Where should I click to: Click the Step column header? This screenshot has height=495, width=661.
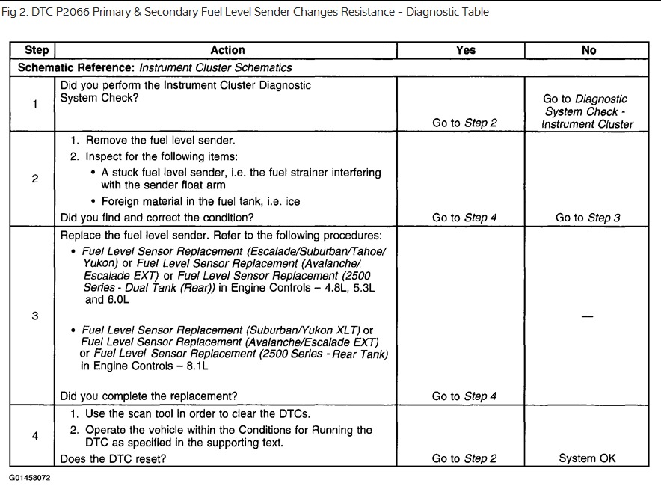(36, 50)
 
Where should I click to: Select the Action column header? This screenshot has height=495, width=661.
(227, 50)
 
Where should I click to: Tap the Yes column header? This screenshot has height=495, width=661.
(465, 50)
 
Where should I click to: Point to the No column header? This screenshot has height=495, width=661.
(588, 50)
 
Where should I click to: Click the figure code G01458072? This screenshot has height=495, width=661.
(31, 476)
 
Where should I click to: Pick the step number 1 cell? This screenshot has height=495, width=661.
(35, 104)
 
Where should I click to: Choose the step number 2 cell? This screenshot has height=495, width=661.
(35, 179)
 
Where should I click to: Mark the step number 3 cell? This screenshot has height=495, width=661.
(35, 316)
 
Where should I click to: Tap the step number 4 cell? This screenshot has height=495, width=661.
(35, 435)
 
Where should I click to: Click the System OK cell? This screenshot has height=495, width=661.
(588, 458)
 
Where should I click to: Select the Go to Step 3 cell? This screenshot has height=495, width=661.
(588, 218)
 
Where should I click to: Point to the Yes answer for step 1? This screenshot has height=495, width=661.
(464, 123)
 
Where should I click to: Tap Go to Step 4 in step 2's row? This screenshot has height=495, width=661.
(464, 218)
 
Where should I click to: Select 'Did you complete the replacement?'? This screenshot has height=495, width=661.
(149, 396)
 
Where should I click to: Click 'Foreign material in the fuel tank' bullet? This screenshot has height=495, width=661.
(200, 201)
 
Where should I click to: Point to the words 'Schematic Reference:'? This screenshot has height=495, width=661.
(76, 67)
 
